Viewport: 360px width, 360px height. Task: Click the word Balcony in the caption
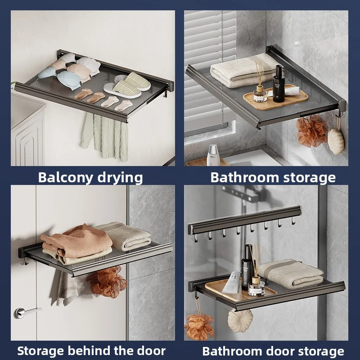[62, 177]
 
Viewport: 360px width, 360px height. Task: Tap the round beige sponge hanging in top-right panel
[336, 141]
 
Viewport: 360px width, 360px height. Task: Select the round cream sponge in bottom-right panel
[240, 320]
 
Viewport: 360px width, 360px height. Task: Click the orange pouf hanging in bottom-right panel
[199, 325]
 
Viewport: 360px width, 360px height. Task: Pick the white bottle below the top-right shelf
[213, 155]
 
